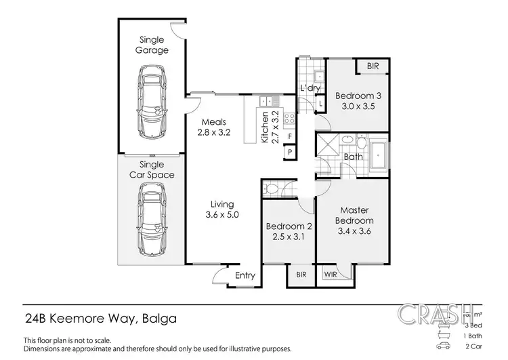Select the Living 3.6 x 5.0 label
pyautogui.click(x=221, y=209)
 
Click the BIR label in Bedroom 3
pyautogui.click(x=373, y=66)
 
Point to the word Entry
pyautogui.click(x=245, y=275)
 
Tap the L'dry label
pyautogui.click(x=310, y=89)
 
